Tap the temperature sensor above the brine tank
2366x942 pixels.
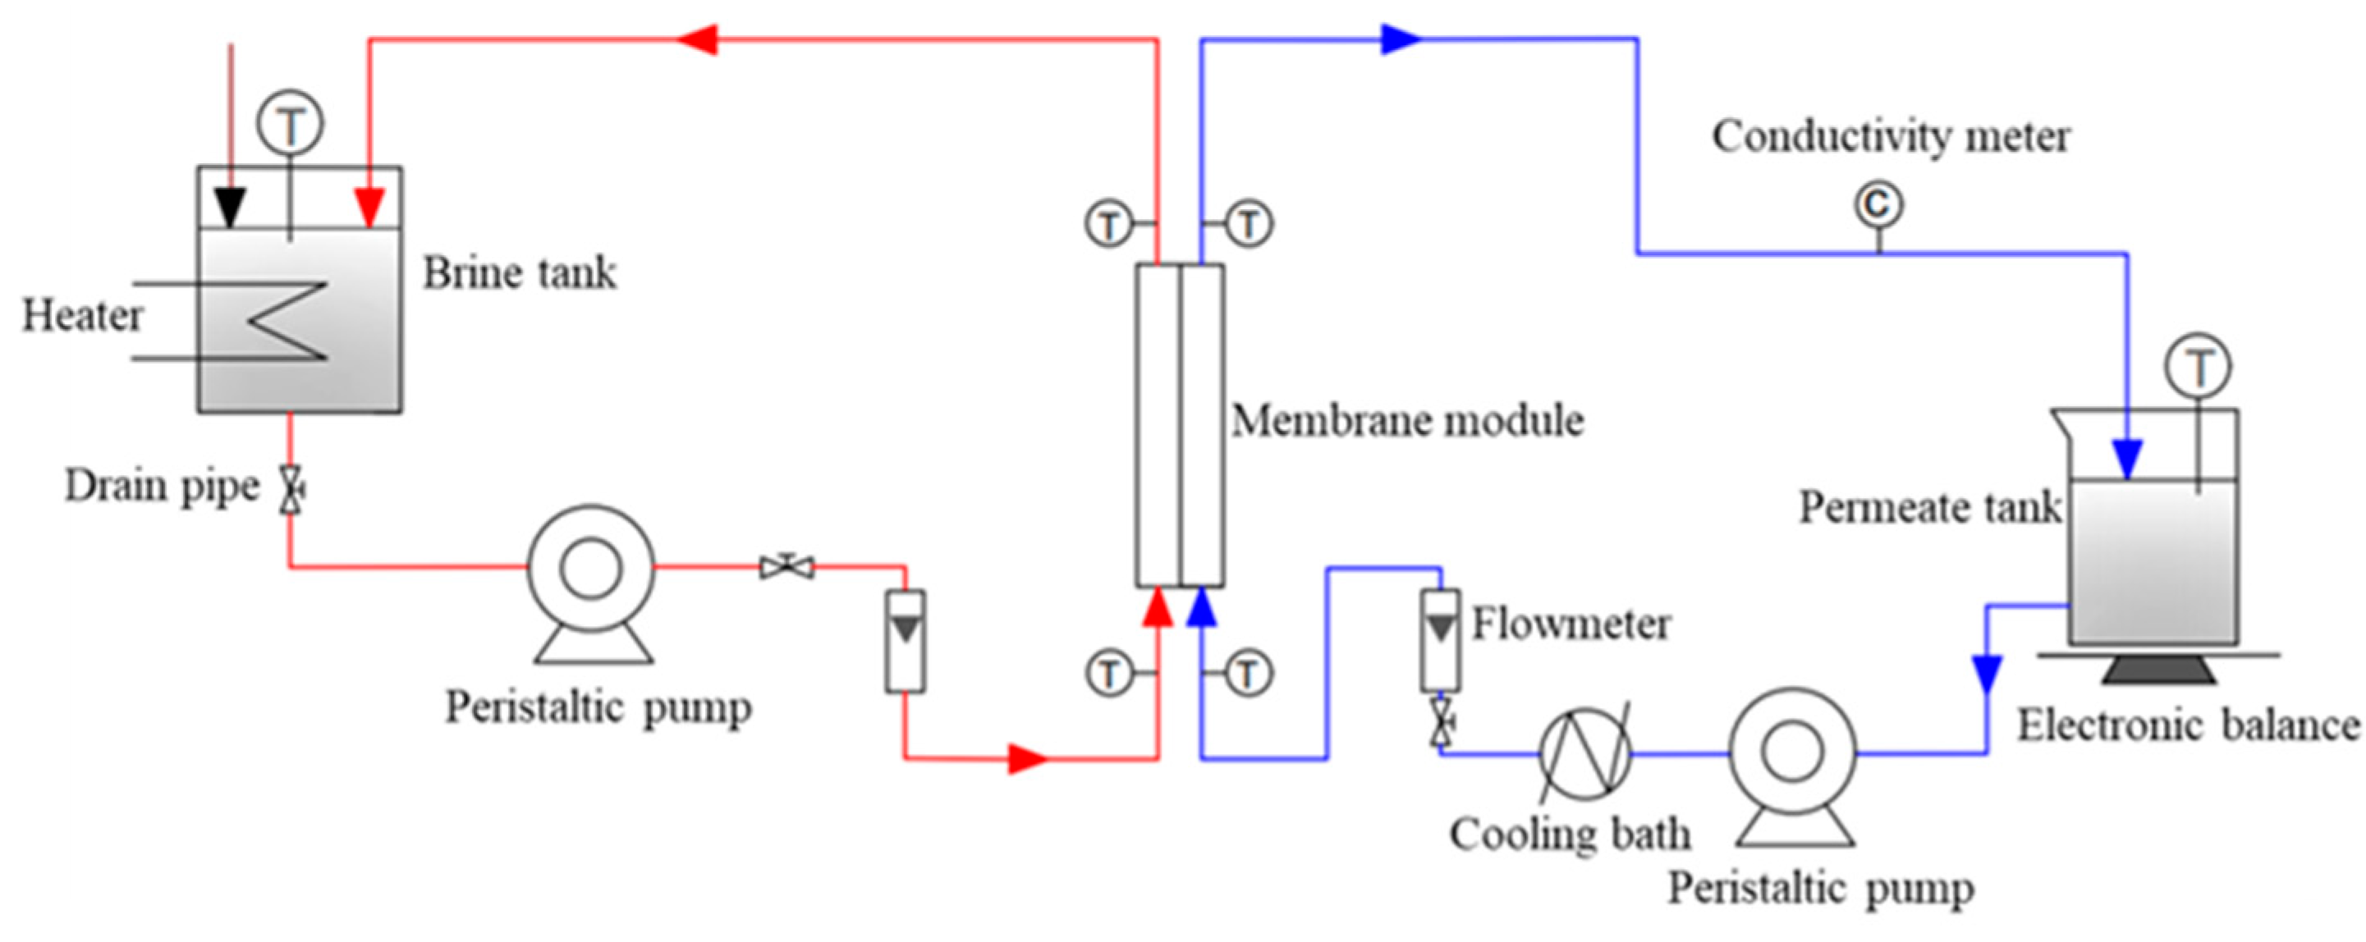pyautogui.click(x=291, y=126)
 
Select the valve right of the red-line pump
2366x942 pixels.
pyautogui.click(x=787, y=566)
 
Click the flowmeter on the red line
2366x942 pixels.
pyautogui.click(x=906, y=641)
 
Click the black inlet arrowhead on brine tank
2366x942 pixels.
pyautogui.click(x=230, y=208)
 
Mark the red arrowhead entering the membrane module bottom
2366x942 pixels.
pyautogui.click(x=1158, y=608)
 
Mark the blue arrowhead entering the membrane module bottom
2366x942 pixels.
pyautogui.click(x=1201, y=608)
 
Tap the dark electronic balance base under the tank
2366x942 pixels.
pyautogui.click(x=2158, y=670)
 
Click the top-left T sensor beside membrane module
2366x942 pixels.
pyautogui.click(x=1109, y=224)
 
